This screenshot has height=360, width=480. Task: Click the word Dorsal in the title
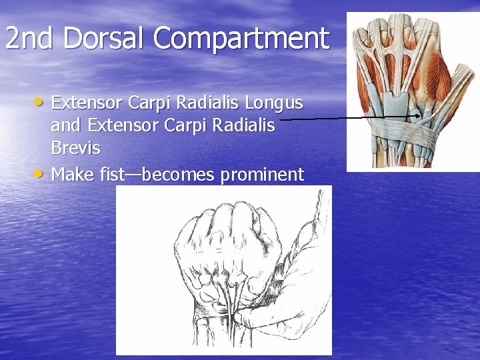point(106,39)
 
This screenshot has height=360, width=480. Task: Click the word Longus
point(274,103)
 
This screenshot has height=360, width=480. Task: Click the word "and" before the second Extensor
point(67,125)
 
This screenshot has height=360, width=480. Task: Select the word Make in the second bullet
point(72,175)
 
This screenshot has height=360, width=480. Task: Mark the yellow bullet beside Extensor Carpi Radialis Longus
point(41,102)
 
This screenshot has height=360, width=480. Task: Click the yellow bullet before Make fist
point(41,173)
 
